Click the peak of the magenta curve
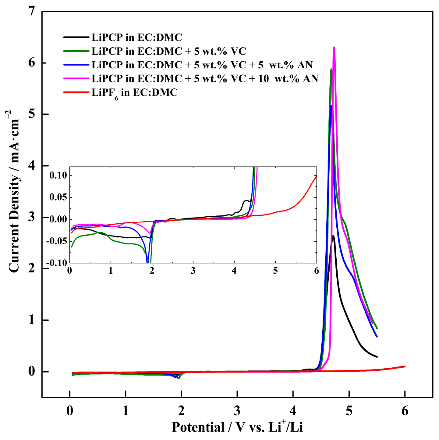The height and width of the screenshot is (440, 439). [x=334, y=48]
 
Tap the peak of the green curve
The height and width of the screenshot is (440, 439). [x=331, y=69]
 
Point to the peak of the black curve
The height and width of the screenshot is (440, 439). [x=334, y=236]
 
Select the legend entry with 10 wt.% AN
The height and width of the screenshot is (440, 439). [x=205, y=78]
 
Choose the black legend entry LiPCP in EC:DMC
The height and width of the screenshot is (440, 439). [x=137, y=37]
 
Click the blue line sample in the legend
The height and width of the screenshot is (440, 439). [x=76, y=65]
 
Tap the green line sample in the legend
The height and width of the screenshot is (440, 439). [x=76, y=51]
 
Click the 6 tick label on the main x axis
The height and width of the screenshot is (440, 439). [x=405, y=411]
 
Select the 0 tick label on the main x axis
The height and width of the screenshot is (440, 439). [x=70, y=411]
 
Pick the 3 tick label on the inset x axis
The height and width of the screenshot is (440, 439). [x=193, y=271]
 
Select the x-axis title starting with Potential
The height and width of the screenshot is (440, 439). [x=237, y=427]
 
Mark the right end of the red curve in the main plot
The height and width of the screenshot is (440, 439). [x=405, y=366]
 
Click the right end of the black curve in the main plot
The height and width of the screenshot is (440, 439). [x=377, y=357]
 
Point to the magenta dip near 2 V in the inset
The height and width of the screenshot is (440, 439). [x=149, y=233]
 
